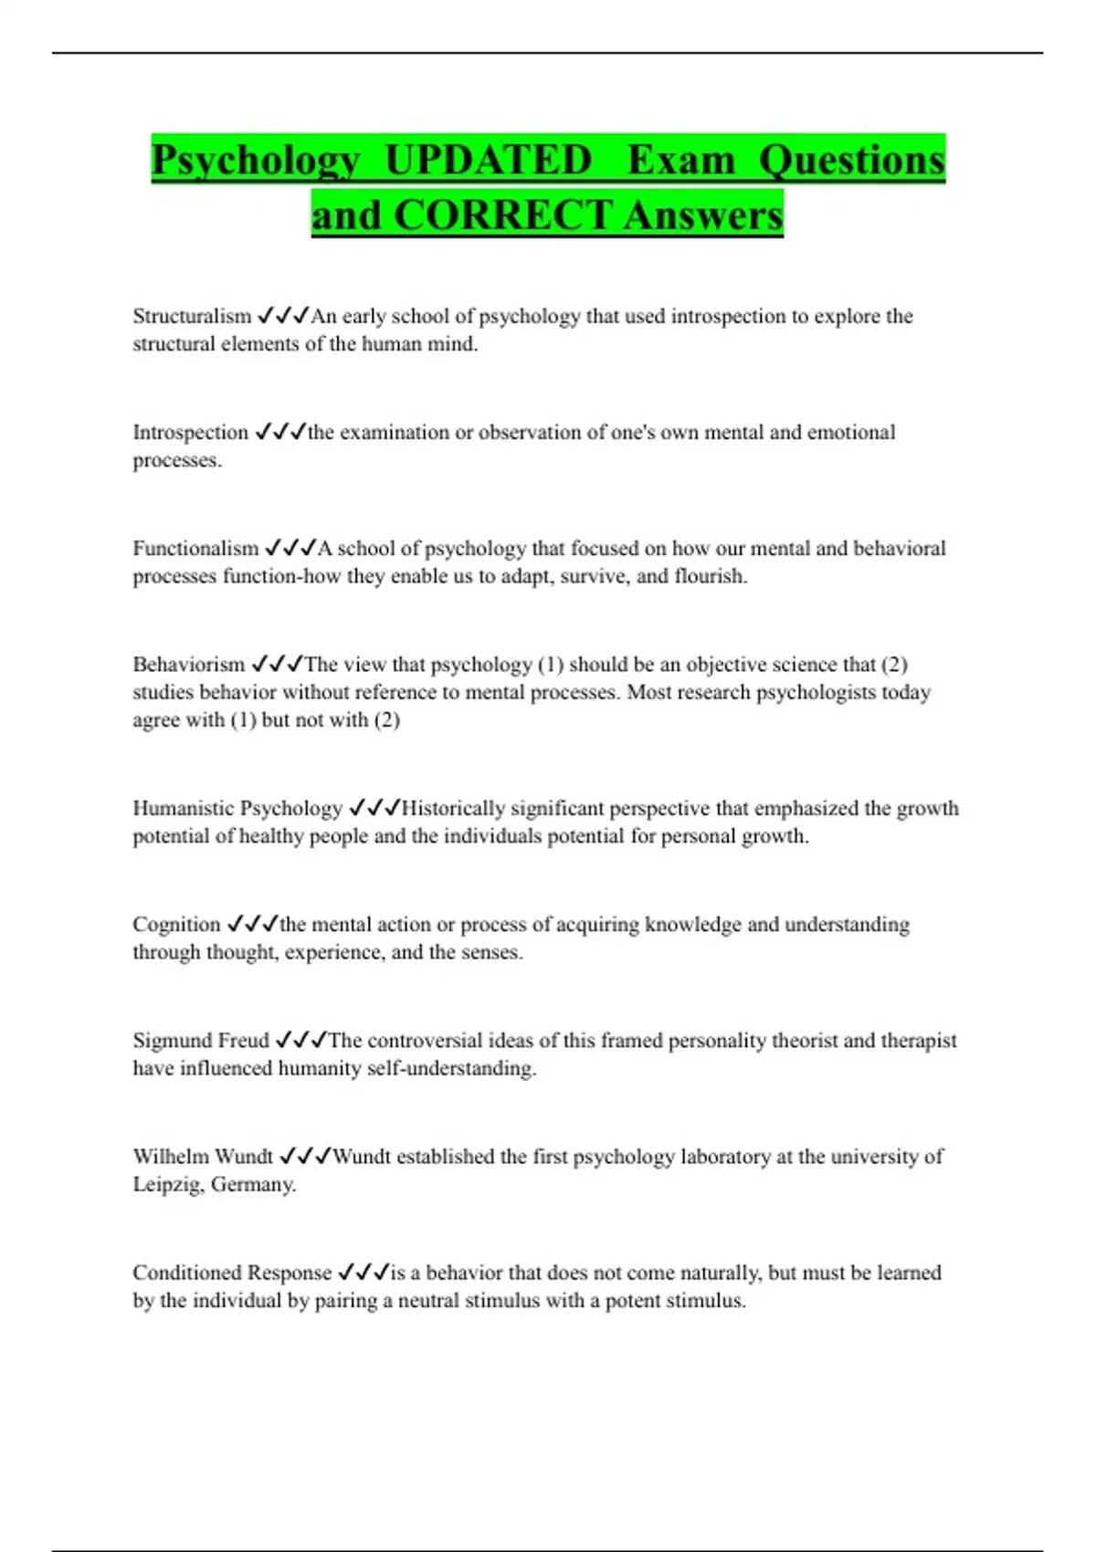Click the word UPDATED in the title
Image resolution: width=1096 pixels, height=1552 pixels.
tap(489, 161)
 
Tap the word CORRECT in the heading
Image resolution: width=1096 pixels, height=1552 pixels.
tap(502, 216)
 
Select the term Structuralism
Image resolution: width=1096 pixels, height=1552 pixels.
tap(192, 317)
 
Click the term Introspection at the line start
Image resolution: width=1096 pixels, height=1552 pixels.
tap(190, 433)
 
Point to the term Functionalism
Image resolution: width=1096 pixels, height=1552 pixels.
tap(195, 549)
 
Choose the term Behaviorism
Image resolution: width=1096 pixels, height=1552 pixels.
tap(188, 665)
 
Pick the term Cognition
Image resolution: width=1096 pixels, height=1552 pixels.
tap(176, 925)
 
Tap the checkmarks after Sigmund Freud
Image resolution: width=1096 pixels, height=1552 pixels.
tap(300, 1040)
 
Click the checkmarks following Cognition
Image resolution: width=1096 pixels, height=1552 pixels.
tap(251, 924)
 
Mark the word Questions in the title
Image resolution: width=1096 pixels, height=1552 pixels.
tap(851, 161)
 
